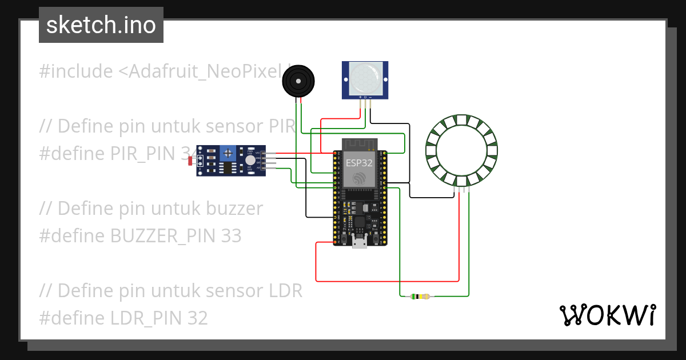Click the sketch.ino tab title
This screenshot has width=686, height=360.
pyautogui.click(x=101, y=26)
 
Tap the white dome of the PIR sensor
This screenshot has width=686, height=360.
pyautogui.click(x=365, y=78)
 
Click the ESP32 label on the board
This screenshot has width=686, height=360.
pyautogui.click(x=360, y=163)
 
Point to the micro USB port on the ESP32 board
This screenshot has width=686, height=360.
pyautogui.click(x=360, y=242)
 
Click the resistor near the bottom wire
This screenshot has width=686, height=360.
pyautogui.click(x=421, y=296)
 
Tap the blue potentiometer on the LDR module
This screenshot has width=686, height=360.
pyautogui.click(x=229, y=153)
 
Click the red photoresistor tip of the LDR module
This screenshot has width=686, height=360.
pyautogui.click(x=190, y=161)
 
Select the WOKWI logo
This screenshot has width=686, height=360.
pyautogui.click(x=607, y=315)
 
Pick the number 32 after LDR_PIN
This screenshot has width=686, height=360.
pyautogui.click(x=197, y=318)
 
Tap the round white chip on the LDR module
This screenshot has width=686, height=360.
pyautogui.click(x=250, y=161)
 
